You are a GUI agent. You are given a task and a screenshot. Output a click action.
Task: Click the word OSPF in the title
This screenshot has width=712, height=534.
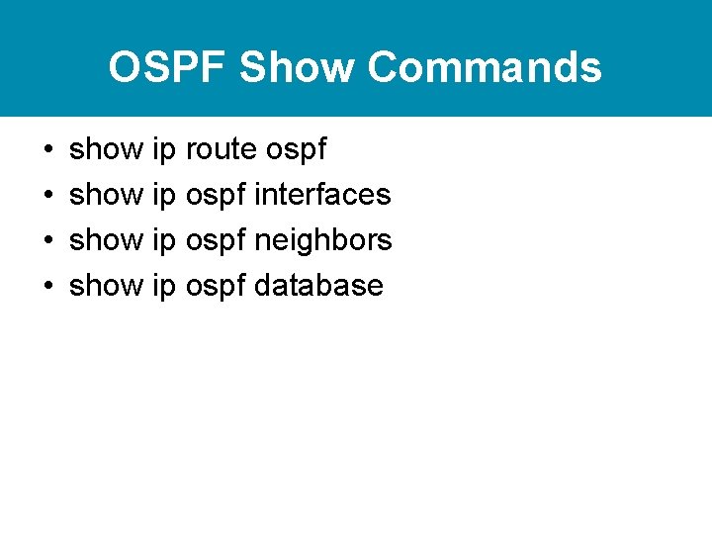point(168,68)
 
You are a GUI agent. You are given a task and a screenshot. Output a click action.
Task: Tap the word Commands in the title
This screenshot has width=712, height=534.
point(485,68)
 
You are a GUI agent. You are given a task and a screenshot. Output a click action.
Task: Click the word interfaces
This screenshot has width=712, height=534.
point(322,195)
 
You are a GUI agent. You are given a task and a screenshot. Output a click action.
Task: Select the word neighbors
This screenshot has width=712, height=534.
point(323,240)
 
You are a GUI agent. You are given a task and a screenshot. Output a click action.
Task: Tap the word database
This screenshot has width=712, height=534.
point(318,286)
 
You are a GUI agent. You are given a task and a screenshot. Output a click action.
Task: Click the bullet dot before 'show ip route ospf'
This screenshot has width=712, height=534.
point(47,150)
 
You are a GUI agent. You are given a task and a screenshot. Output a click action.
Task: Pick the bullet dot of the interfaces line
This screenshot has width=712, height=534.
point(47,196)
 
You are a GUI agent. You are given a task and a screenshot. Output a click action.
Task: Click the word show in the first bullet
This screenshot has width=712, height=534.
point(106,149)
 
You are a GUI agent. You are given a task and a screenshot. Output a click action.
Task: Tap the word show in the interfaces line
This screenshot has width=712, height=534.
point(106,195)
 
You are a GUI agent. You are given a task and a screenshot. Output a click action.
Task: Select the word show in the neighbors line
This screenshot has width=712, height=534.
point(106,240)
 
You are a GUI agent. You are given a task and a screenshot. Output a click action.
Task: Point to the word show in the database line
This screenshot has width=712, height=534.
point(106,286)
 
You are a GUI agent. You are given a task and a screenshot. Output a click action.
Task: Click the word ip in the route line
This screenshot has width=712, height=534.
point(164,150)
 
